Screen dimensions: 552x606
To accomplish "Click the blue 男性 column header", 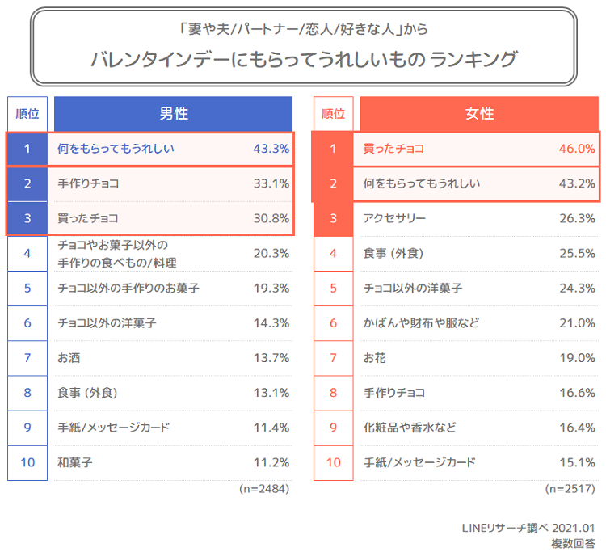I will click(173, 114).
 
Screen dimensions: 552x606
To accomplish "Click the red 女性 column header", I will click(479, 114).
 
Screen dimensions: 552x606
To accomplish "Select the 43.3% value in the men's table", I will click(271, 149).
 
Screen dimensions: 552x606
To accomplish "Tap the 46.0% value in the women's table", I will click(577, 149).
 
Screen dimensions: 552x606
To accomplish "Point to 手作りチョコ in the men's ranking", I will click(88, 183).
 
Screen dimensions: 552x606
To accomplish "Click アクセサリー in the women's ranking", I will click(394, 218).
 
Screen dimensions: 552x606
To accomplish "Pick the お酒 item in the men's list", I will click(69, 358).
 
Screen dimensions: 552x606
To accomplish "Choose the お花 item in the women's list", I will click(375, 358).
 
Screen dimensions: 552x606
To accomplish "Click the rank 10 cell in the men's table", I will click(27, 463).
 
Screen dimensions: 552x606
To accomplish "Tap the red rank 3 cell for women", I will click(333, 218).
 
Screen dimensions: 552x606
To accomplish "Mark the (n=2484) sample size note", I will click(264, 489).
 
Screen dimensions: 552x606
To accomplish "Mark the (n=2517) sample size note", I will click(570, 489).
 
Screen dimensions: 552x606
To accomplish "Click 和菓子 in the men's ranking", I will click(75, 463).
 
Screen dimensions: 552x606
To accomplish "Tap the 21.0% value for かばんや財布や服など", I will click(577, 323).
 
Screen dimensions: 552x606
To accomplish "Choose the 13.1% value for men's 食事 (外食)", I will click(271, 394).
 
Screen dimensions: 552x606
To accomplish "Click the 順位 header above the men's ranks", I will click(27, 114).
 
